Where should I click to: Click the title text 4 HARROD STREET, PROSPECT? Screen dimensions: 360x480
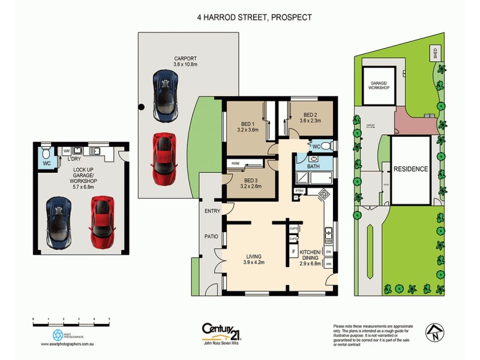[x=254, y=17]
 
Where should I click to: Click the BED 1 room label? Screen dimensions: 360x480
[x=247, y=125]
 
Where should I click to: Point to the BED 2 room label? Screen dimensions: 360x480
[x=310, y=115]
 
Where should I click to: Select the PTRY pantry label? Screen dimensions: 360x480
[x=299, y=191]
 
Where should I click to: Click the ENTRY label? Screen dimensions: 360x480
[x=212, y=211]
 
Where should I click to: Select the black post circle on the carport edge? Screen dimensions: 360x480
[x=141, y=107]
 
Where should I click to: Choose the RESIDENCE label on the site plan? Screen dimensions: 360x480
[x=411, y=169]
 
